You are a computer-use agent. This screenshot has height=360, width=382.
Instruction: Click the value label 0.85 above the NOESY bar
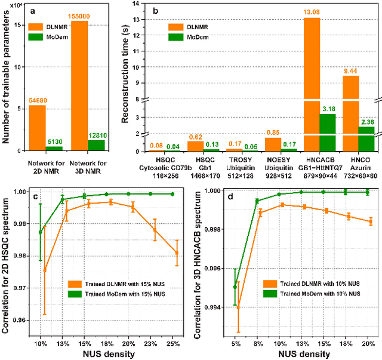(x=274, y=133)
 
